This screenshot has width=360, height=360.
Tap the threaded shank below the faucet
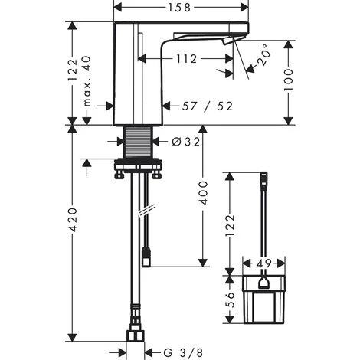[x=137, y=141]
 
